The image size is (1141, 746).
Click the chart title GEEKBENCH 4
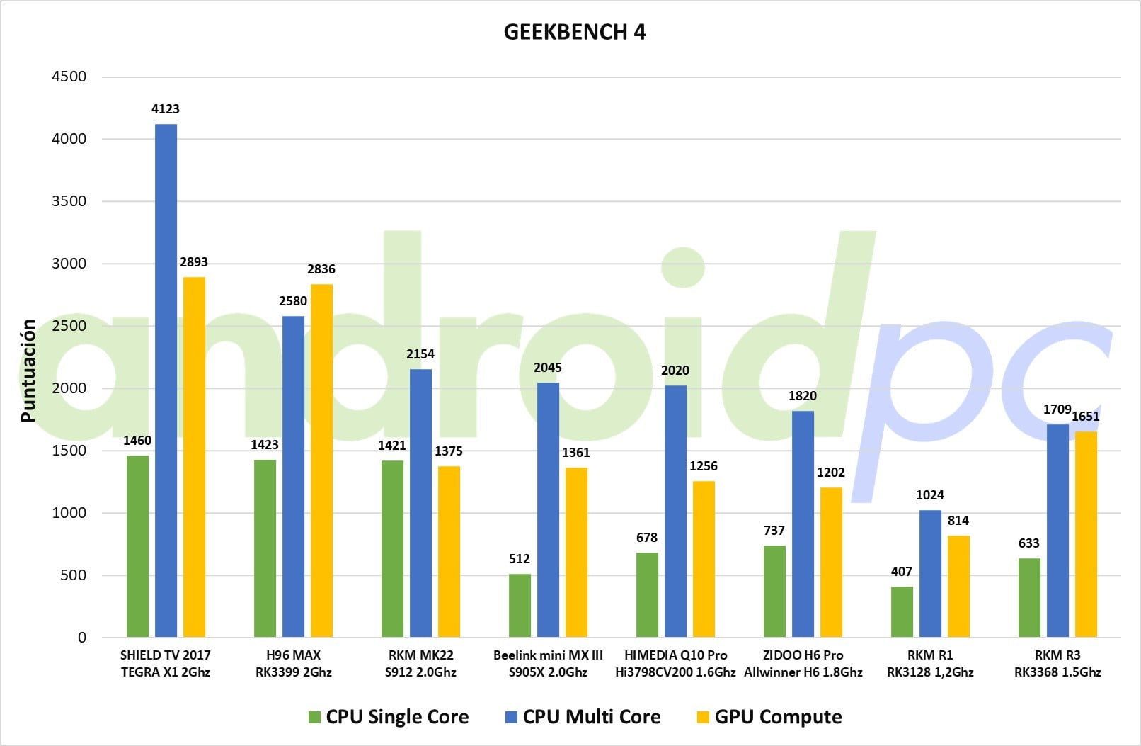pyautogui.click(x=574, y=32)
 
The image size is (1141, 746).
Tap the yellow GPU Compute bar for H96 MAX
pyautogui.click(x=321, y=460)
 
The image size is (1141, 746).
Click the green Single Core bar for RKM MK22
pyautogui.click(x=392, y=548)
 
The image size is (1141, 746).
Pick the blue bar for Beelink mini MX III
pyautogui.click(x=548, y=509)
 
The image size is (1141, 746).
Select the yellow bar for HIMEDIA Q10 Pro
pyautogui.click(x=704, y=559)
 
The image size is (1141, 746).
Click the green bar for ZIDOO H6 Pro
pyautogui.click(x=774, y=591)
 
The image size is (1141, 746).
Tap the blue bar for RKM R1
pyautogui.click(x=930, y=573)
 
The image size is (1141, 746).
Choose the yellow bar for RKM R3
pyautogui.click(x=1086, y=534)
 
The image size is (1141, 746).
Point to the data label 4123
pyautogui.click(x=166, y=109)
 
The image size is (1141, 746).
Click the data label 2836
pyautogui.click(x=321, y=269)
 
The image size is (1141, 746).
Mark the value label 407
pyautogui.click(x=901, y=571)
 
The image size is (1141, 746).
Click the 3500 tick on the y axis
pyautogui.click(x=69, y=201)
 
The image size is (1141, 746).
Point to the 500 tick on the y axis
pyautogui.click(x=74, y=575)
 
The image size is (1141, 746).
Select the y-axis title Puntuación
pyautogui.click(x=28, y=371)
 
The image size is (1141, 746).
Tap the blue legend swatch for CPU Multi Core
pyautogui.click(x=511, y=717)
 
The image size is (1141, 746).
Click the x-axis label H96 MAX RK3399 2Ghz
pyautogui.click(x=293, y=663)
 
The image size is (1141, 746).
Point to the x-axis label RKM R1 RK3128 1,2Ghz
pyautogui.click(x=930, y=663)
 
